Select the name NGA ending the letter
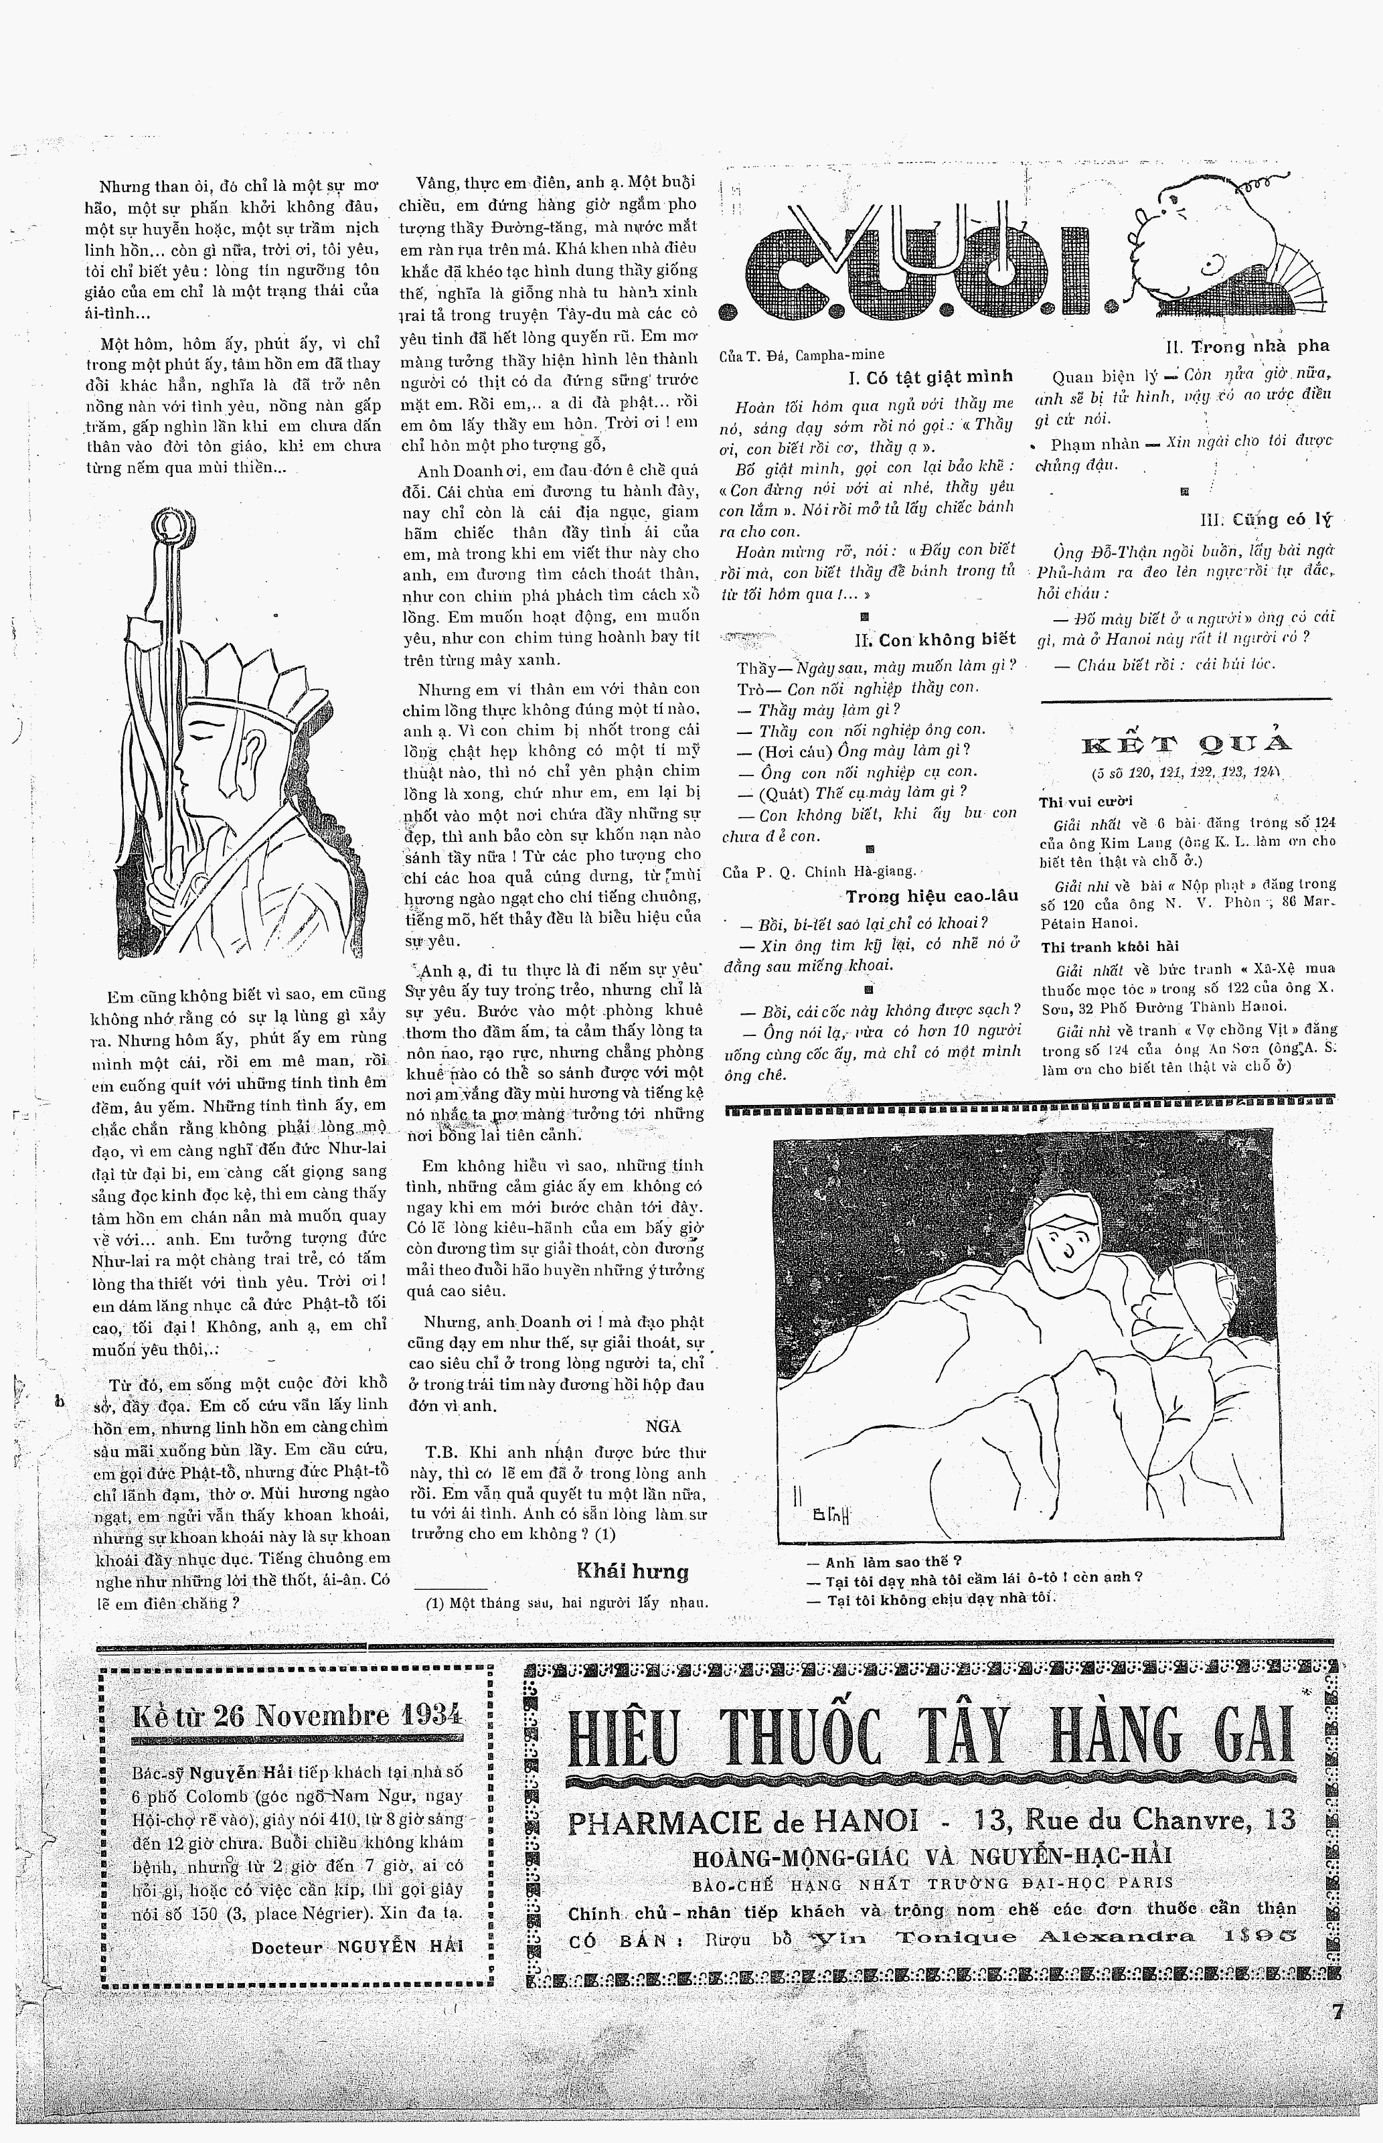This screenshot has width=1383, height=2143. pyautogui.click(x=663, y=1426)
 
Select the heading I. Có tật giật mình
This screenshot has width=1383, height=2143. pyautogui.click(x=930, y=376)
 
